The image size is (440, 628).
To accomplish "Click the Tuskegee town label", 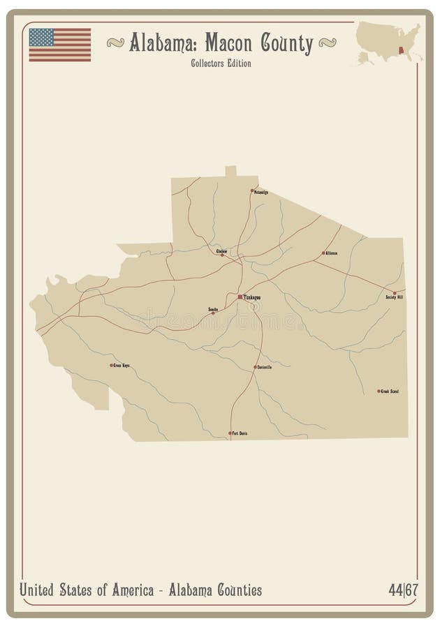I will click(x=252, y=297).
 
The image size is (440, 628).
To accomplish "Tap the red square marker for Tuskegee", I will click(x=240, y=297).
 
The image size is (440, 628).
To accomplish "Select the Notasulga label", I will click(x=261, y=193).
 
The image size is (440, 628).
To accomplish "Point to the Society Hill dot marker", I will click(x=394, y=293).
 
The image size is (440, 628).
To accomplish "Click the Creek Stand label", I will click(x=390, y=391).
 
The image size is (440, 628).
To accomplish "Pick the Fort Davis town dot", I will click(x=230, y=433).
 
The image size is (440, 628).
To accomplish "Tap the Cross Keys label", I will click(x=122, y=365).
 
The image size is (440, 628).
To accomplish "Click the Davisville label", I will click(x=265, y=367).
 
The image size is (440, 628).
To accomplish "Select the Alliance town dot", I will click(x=323, y=253).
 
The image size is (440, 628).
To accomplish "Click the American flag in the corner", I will click(x=60, y=45).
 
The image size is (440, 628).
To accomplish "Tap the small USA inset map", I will click(x=388, y=43).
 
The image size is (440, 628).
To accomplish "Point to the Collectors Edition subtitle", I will click(x=221, y=63).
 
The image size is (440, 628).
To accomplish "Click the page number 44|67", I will click(x=403, y=590).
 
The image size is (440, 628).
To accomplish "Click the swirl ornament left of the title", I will click(x=116, y=43).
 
